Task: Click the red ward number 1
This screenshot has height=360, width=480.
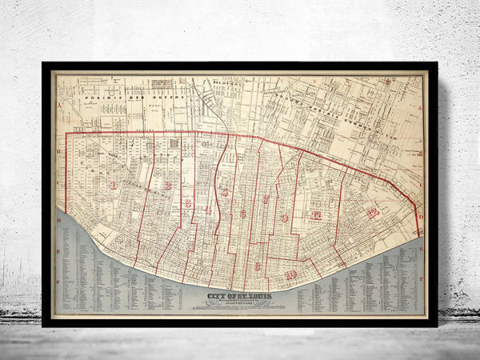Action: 113,185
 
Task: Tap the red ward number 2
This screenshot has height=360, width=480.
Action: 168,186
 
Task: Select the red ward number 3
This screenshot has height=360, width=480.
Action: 187,203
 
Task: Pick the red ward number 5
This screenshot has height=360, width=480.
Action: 225,192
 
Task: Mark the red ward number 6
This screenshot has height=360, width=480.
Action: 242,214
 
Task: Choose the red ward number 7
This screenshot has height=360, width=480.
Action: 266,199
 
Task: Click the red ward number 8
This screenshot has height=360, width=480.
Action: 258,266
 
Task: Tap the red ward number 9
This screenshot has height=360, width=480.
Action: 284,218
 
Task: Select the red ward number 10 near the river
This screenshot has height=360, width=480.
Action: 290,275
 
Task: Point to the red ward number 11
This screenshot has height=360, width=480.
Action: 317,215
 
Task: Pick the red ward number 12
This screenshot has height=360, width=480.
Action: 372,213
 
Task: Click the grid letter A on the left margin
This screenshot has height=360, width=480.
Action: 59,105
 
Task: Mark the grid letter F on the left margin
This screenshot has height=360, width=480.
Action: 59,282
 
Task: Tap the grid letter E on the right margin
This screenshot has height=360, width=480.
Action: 421,250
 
